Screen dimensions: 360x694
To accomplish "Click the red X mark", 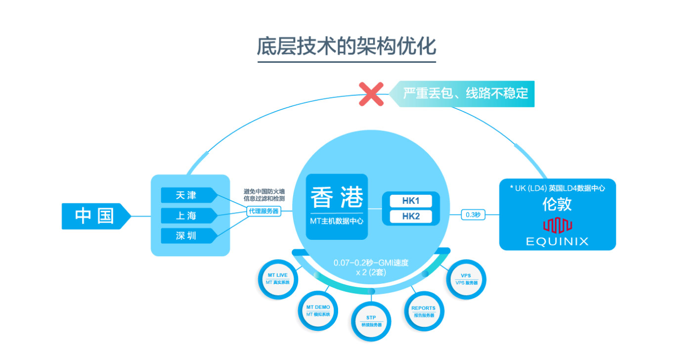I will tap(371, 94).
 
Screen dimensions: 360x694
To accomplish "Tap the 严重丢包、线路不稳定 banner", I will tap(465, 93).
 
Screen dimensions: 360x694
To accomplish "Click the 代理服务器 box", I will tap(263, 211).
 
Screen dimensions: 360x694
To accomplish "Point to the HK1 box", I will tap(410, 201).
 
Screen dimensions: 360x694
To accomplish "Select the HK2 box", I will tap(410, 217).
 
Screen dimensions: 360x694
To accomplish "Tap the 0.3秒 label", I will tap(473, 215).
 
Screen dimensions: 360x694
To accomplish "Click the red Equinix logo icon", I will tap(558, 225).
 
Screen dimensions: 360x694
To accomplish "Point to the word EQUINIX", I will tap(557, 242).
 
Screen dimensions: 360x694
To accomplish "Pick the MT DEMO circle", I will tap(318, 311).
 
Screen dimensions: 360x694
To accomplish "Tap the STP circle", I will tap(371, 321).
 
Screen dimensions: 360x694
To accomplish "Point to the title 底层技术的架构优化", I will tap(347, 46).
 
